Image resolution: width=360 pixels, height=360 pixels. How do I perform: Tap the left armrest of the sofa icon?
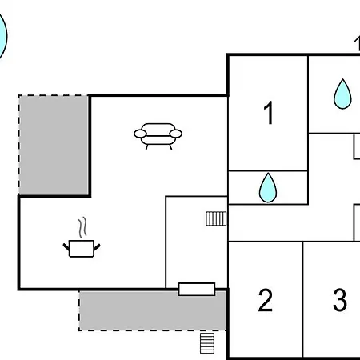pyautogui.click(x=140, y=134)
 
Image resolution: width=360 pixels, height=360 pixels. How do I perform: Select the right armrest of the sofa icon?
pyautogui.click(x=176, y=134)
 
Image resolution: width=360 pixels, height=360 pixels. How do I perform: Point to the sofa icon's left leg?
pyautogui.click(x=146, y=147)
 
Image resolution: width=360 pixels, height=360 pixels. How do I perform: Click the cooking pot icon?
pyautogui.click(x=82, y=248)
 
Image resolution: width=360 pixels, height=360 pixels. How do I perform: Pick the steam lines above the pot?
pyautogui.click(x=82, y=227)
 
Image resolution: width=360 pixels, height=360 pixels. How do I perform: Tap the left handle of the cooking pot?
pyautogui.click(x=66, y=246)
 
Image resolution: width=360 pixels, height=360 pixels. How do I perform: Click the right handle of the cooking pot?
pyautogui.click(x=97, y=247)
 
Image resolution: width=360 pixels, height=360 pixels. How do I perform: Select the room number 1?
pyautogui.click(x=269, y=113)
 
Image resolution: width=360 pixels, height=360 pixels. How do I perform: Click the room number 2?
pyautogui.click(x=266, y=300)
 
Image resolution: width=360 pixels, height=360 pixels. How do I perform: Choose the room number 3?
pyautogui.click(x=340, y=300)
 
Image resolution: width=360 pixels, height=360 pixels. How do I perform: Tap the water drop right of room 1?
pyautogui.click(x=342, y=94)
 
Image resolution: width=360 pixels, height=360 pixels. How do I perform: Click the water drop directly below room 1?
pyautogui.click(x=268, y=188)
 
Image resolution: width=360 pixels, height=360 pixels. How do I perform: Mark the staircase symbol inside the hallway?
pyautogui.click(x=216, y=218)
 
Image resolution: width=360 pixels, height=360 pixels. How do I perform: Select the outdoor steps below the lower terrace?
pyautogui.click(x=207, y=343)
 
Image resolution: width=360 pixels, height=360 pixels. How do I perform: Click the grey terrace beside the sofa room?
pyautogui.click(x=54, y=145)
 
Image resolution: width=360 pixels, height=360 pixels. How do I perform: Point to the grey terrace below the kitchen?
pyautogui.click(x=153, y=311)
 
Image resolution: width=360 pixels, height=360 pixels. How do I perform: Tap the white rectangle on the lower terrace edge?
pyautogui.click(x=197, y=290)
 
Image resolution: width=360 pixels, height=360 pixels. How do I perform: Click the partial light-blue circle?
pyautogui.click(x=3, y=37)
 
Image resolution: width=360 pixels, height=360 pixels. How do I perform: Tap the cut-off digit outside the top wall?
pyautogui.click(x=357, y=44)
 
